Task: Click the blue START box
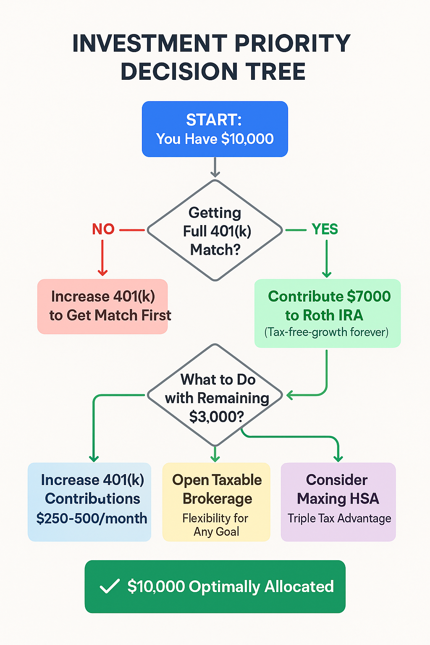[x=215, y=129]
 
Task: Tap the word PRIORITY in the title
[x=292, y=43]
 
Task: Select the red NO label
[x=103, y=229]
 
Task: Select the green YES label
[x=325, y=229]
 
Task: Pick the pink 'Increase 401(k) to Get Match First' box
[x=102, y=306]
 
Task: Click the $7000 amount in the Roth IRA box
[x=369, y=296]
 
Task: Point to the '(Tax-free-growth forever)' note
[x=327, y=332]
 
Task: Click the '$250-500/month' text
[x=92, y=518]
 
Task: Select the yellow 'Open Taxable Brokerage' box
[x=216, y=501]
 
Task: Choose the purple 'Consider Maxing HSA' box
[x=338, y=501]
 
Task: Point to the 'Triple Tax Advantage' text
[x=339, y=519]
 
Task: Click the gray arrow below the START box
[x=215, y=168]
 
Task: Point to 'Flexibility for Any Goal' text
[x=216, y=525]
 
